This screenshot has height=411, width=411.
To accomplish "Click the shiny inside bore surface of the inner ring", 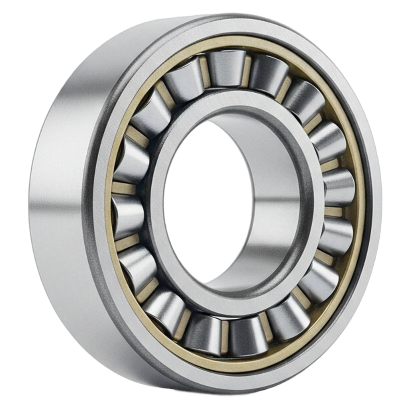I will pyautogui.click(x=277, y=209).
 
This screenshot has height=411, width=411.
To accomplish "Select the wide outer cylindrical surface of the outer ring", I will pyautogui.click(x=60, y=201).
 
